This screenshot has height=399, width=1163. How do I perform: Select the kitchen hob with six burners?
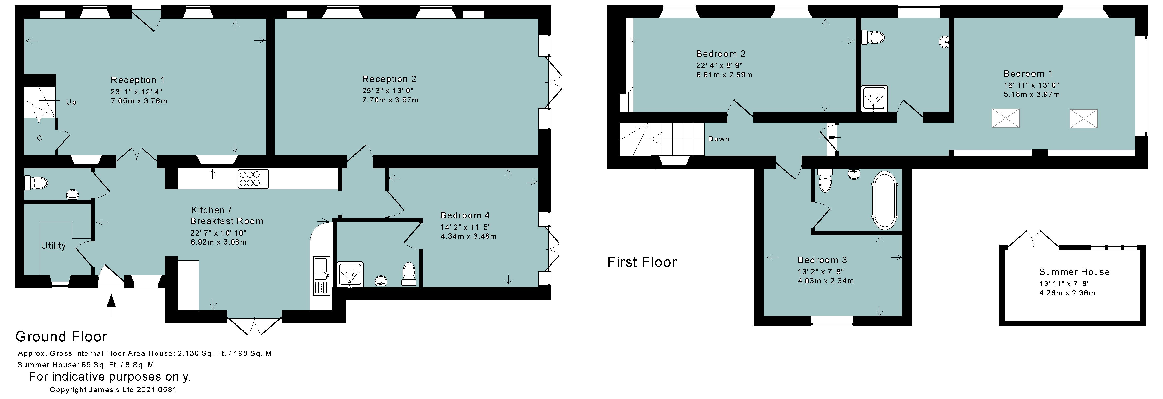click(x=253, y=179)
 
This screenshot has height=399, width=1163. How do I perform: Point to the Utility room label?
click(x=53, y=246)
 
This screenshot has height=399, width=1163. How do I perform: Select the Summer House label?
click(x=1074, y=272)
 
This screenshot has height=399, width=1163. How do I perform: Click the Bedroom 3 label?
click(x=822, y=260)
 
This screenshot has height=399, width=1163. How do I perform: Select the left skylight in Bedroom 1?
click(x=1006, y=118)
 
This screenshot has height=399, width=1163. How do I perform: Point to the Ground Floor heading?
click(x=61, y=337)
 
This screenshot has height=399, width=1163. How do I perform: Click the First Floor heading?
click(x=642, y=262)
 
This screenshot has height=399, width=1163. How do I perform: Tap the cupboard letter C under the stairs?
click(x=39, y=138)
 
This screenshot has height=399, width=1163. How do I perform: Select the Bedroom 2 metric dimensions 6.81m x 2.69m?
click(x=724, y=75)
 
